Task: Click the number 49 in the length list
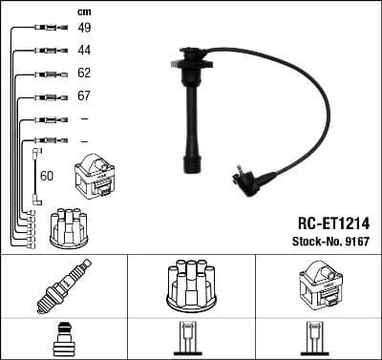pos(84,28)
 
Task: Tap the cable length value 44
pos(84,49)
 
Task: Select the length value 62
pos(84,73)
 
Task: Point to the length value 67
pos(84,96)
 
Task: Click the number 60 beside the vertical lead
pos(47,175)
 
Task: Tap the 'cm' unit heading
pos(82,11)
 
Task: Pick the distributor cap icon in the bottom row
pos(190,285)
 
